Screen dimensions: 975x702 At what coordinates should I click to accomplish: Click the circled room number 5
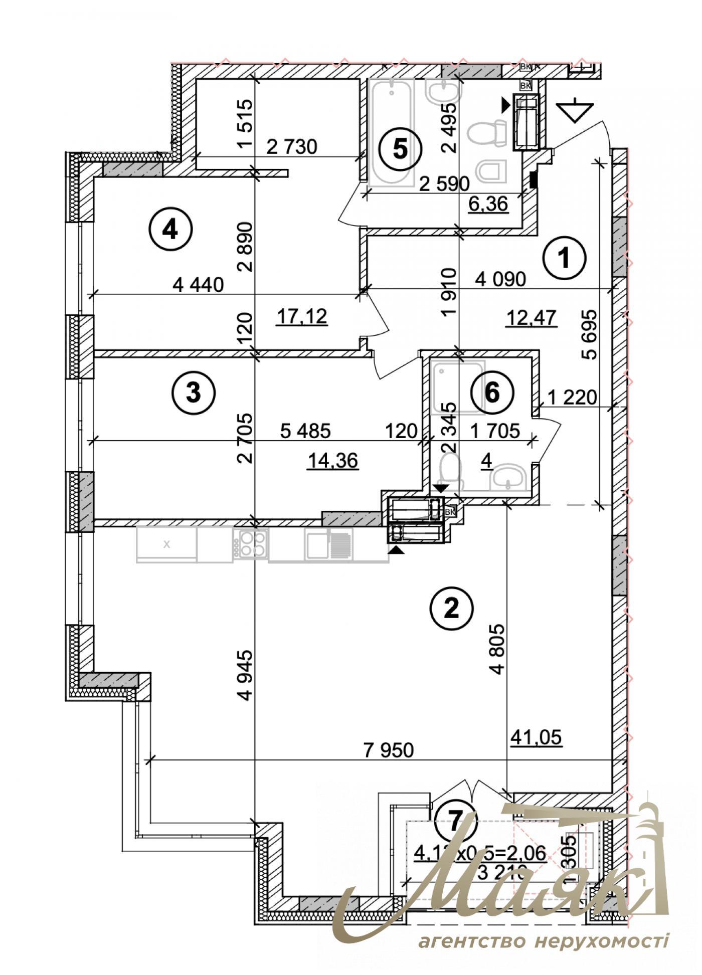(x=400, y=149)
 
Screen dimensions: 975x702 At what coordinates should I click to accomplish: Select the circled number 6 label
(x=492, y=393)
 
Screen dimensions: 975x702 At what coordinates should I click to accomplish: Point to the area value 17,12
(x=302, y=316)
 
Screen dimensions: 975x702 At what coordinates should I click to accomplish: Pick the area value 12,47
(x=532, y=318)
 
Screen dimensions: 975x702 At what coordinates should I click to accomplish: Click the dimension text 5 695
(x=590, y=335)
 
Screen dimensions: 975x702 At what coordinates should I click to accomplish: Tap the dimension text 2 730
(x=292, y=147)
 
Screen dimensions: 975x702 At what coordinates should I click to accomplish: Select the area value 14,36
(x=332, y=460)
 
